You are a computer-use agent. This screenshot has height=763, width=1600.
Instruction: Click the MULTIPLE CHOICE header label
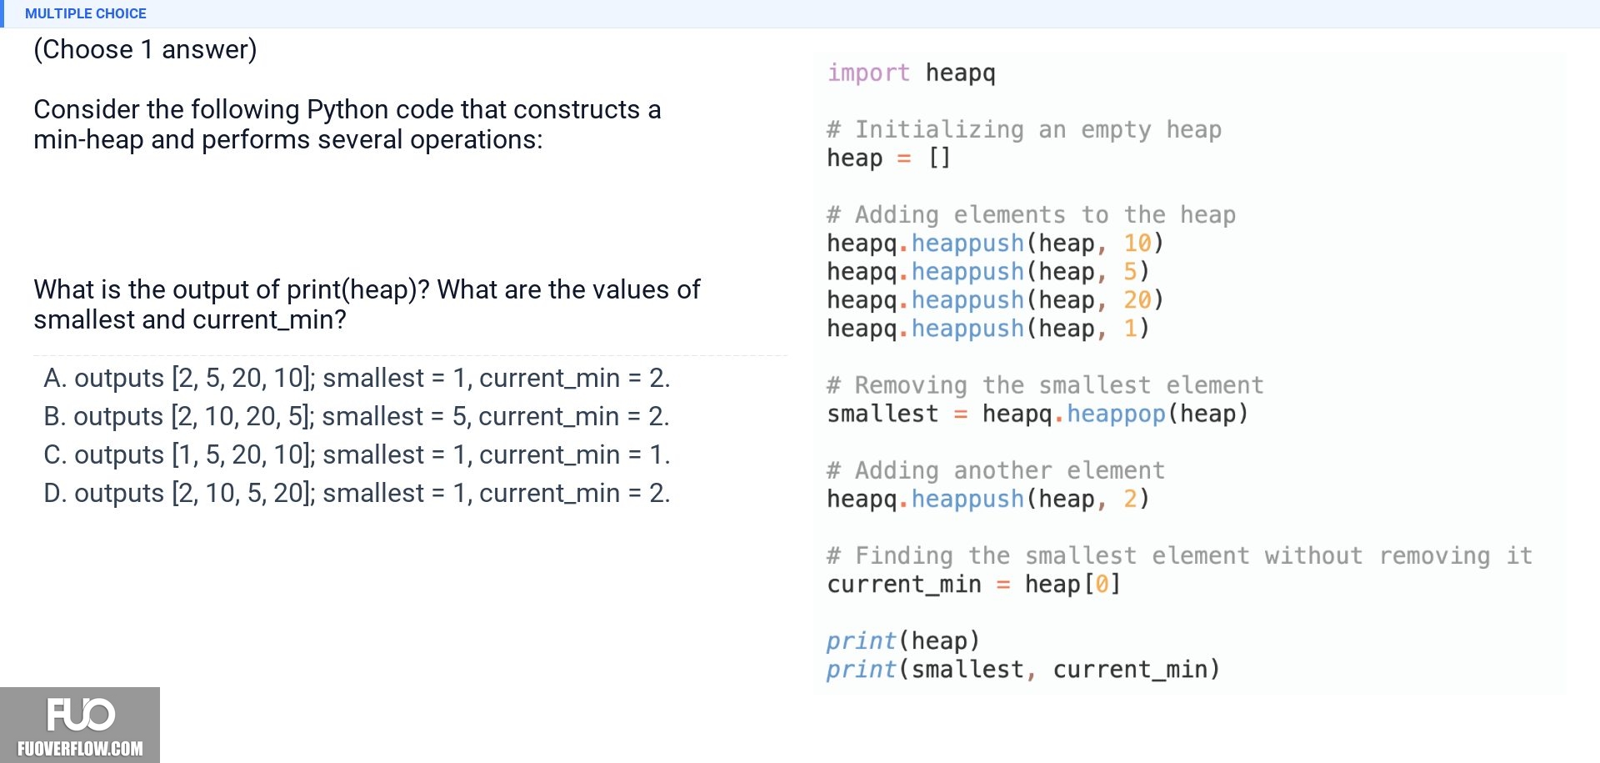(x=85, y=13)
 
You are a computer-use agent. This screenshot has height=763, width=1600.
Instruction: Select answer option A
(x=357, y=378)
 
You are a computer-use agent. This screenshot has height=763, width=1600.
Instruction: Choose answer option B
(x=357, y=416)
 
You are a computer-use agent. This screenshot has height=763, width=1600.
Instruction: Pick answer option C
(x=357, y=454)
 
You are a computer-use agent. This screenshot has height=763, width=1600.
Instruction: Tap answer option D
(x=357, y=493)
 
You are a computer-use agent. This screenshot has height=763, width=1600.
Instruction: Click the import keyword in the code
(x=868, y=73)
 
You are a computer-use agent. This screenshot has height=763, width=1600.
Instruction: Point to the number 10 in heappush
(x=1137, y=243)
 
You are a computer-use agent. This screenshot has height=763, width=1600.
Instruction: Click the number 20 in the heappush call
(x=1137, y=300)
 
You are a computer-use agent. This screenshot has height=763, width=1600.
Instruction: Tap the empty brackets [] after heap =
(x=939, y=158)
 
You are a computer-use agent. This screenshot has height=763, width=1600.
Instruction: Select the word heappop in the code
(x=1116, y=414)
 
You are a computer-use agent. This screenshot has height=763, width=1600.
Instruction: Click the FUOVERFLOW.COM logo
(x=80, y=725)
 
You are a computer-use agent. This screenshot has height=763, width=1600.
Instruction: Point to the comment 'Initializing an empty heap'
(x=1024, y=130)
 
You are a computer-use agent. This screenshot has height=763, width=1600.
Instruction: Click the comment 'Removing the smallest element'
(x=1045, y=385)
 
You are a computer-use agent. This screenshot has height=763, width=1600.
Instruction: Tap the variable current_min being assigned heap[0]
(x=904, y=584)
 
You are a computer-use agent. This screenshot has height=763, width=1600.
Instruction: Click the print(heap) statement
(x=903, y=640)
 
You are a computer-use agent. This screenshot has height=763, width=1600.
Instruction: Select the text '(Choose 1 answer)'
(x=145, y=50)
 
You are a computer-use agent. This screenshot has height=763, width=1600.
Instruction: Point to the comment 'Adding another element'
(x=996, y=470)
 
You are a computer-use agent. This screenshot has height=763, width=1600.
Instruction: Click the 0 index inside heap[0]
(x=1102, y=584)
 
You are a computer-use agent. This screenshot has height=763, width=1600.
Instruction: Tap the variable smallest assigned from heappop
(x=882, y=414)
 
